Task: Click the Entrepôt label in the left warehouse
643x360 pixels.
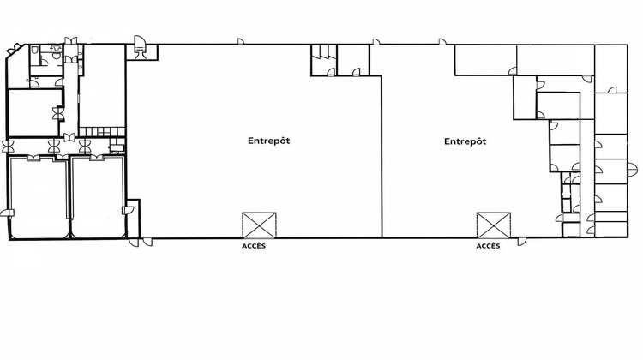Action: coord(268,141)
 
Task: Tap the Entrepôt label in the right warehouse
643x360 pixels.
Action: coord(466,141)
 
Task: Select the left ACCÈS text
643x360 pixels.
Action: coord(255,246)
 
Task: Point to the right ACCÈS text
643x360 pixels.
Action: coord(488,246)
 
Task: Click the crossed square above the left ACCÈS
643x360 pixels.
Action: coord(259,225)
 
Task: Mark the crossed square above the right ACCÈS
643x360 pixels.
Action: coord(493,225)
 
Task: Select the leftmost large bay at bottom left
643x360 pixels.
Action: coord(37,197)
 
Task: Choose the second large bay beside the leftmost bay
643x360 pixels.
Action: coord(99,197)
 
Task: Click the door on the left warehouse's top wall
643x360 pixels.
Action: coord(241,41)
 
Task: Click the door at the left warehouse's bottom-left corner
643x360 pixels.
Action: coord(135,243)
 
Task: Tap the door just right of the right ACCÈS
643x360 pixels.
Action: coord(520,242)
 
